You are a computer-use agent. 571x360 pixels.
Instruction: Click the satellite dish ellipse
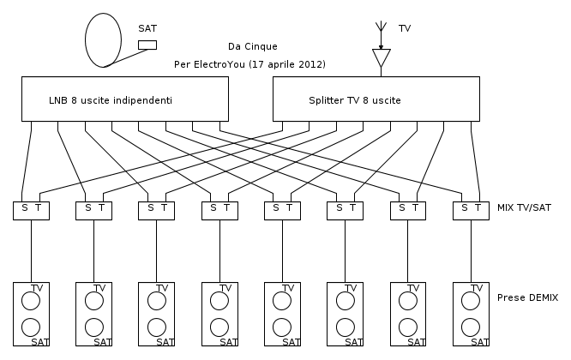tap(104, 39)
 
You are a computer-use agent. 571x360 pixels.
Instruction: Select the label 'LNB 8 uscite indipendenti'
tap(111, 100)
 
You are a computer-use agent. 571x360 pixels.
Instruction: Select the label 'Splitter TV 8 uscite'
tap(355, 100)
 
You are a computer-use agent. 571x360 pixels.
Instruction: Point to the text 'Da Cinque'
tap(253, 46)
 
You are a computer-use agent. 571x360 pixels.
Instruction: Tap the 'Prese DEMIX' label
tap(527, 297)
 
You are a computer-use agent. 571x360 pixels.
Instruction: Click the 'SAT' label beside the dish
tap(147, 29)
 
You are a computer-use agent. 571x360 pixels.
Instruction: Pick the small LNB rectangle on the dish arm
tap(147, 45)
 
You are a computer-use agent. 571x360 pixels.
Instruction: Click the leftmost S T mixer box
tap(31, 208)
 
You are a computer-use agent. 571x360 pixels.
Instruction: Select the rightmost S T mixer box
tap(472, 208)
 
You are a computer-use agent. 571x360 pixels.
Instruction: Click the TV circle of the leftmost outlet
tap(31, 301)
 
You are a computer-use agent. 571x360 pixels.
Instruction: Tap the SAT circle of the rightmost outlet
tap(471, 327)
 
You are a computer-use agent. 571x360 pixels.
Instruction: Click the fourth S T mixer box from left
tap(219, 208)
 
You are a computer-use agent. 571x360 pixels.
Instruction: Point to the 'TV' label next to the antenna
tap(405, 29)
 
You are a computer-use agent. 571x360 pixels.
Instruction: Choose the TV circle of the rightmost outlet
tap(471, 301)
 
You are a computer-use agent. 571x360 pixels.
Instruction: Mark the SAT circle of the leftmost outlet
tap(31, 327)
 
